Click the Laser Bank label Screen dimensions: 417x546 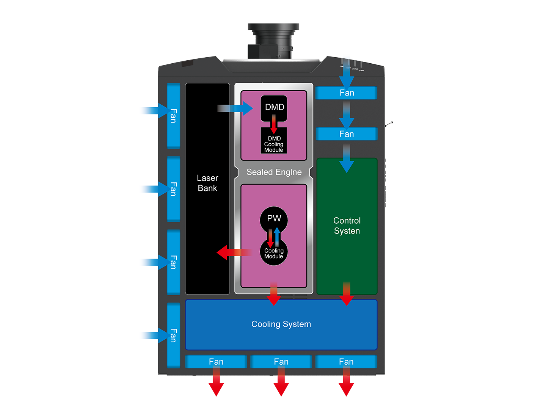[x=207, y=183]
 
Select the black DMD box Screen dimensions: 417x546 [x=274, y=107]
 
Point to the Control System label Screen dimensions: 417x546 [x=347, y=226]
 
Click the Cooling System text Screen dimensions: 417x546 [x=281, y=324]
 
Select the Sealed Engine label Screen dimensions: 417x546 [x=274, y=172]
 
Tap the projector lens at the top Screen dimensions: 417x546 [x=273, y=40]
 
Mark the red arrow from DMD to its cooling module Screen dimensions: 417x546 [x=274, y=124]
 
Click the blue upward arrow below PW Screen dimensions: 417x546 [x=277, y=237]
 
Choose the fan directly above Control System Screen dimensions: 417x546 [x=347, y=134]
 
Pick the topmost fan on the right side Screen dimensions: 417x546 [x=347, y=93]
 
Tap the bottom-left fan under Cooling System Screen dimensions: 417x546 [x=216, y=362]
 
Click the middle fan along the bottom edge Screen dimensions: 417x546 [x=281, y=362]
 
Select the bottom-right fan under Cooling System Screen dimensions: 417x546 [x=346, y=362]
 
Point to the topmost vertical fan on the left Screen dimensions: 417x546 [x=174, y=116]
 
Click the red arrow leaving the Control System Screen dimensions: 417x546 [x=347, y=294]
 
